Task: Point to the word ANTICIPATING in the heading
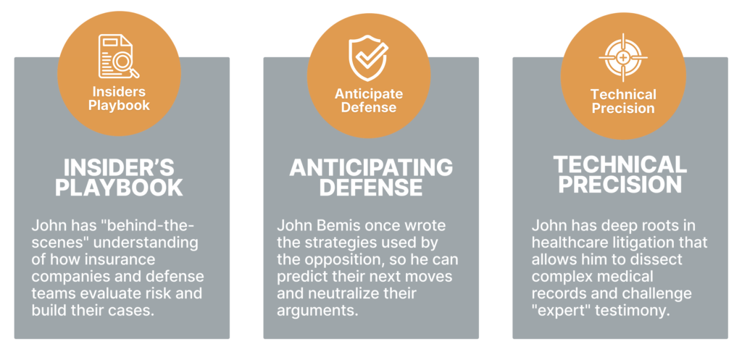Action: [x=371, y=167]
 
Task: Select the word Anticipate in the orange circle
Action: [x=369, y=94]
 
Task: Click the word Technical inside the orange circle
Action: [x=623, y=95]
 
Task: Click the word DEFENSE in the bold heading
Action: [x=371, y=188]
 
